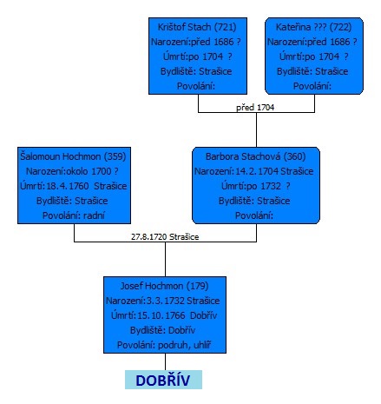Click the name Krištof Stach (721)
point(197,27)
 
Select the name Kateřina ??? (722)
point(313,27)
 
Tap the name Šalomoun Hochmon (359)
point(73,156)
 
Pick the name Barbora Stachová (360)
point(256,156)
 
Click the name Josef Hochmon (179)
point(164,286)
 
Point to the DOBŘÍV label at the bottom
point(163,381)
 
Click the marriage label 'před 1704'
point(255,108)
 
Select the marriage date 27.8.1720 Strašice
point(165,237)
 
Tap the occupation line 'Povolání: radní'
point(74,215)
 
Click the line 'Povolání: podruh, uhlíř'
point(164,345)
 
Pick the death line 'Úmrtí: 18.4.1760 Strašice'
point(74,186)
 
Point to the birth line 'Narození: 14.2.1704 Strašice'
point(253,171)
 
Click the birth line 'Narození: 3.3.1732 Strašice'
point(162,301)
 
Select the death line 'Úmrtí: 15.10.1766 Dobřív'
point(164,315)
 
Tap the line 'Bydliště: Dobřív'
point(162,330)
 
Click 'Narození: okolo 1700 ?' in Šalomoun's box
point(72,171)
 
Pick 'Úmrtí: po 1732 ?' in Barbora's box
point(256,186)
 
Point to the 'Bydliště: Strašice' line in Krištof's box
point(196,71)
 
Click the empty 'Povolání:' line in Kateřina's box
point(312,86)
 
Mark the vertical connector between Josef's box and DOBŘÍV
point(165,361)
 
